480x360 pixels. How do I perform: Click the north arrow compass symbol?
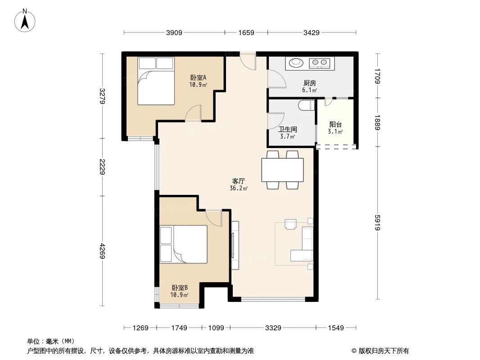tap(26, 20)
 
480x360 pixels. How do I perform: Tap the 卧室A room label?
tap(198, 77)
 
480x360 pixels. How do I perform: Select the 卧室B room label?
tap(179, 288)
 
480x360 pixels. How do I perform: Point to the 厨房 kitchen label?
tap(309, 83)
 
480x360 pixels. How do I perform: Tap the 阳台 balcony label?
tap(335, 125)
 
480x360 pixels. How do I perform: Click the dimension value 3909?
tap(174, 32)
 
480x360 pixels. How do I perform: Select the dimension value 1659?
tap(246, 32)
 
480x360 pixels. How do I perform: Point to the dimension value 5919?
tap(377, 223)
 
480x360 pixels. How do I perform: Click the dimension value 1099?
tap(216, 328)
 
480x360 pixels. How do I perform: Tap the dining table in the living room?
tap(282, 170)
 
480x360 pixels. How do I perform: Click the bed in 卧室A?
tap(155, 81)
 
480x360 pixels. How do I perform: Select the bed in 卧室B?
tap(184, 244)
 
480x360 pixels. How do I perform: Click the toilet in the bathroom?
tap(306, 106)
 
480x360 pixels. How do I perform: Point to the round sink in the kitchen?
tap(296, 63)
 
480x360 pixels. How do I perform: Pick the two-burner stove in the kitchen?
tap(320, 63)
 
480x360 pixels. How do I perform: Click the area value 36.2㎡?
tap(238, 189)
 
